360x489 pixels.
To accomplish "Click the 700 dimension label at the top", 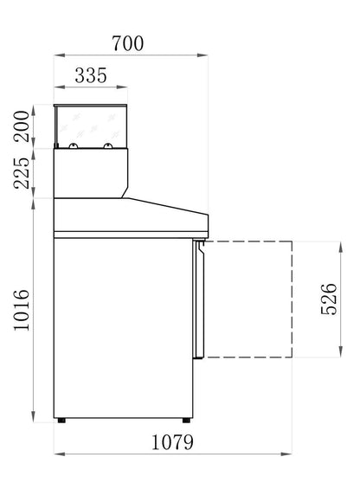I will (x=126, y=42).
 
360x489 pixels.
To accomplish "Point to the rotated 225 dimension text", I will (x=22, y=175).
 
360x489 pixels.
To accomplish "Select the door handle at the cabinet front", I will (x=201, y=251).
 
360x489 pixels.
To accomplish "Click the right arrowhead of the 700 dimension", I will (x=206, y=55).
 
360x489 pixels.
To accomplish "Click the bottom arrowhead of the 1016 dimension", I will (x=33, y=414).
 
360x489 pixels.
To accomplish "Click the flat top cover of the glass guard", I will (x=91, y=107).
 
